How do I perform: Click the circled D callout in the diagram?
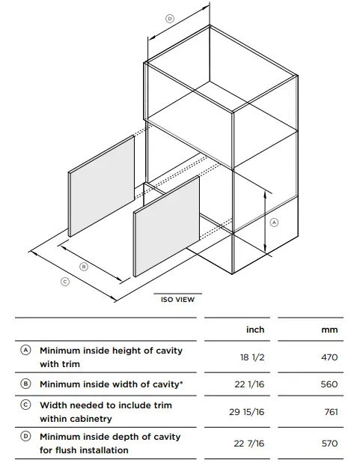(x=170, y=19)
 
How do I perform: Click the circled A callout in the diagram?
(x=274, y=222)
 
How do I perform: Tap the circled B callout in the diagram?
(x=84, y=267)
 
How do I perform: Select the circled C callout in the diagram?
(x=65, y=282)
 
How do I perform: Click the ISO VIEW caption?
(x=177, y=300)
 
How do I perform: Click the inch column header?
(x=255, y=330)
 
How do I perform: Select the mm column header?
(x=329, y=330)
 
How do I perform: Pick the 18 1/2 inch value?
(x=252, y=357)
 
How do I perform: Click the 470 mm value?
(x=329, y=357)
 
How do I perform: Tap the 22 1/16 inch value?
(x=250, y=384)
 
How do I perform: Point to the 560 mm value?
(x=329, y=384)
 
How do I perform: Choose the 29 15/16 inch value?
(x=247, y=412)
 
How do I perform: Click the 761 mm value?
(x=331, y=412)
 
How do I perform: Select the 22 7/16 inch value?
(x=249, y=444)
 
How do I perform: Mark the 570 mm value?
(x=330, y=444)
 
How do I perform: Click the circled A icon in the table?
(x=25, y=350)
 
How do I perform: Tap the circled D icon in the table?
(x=25, y=436)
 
